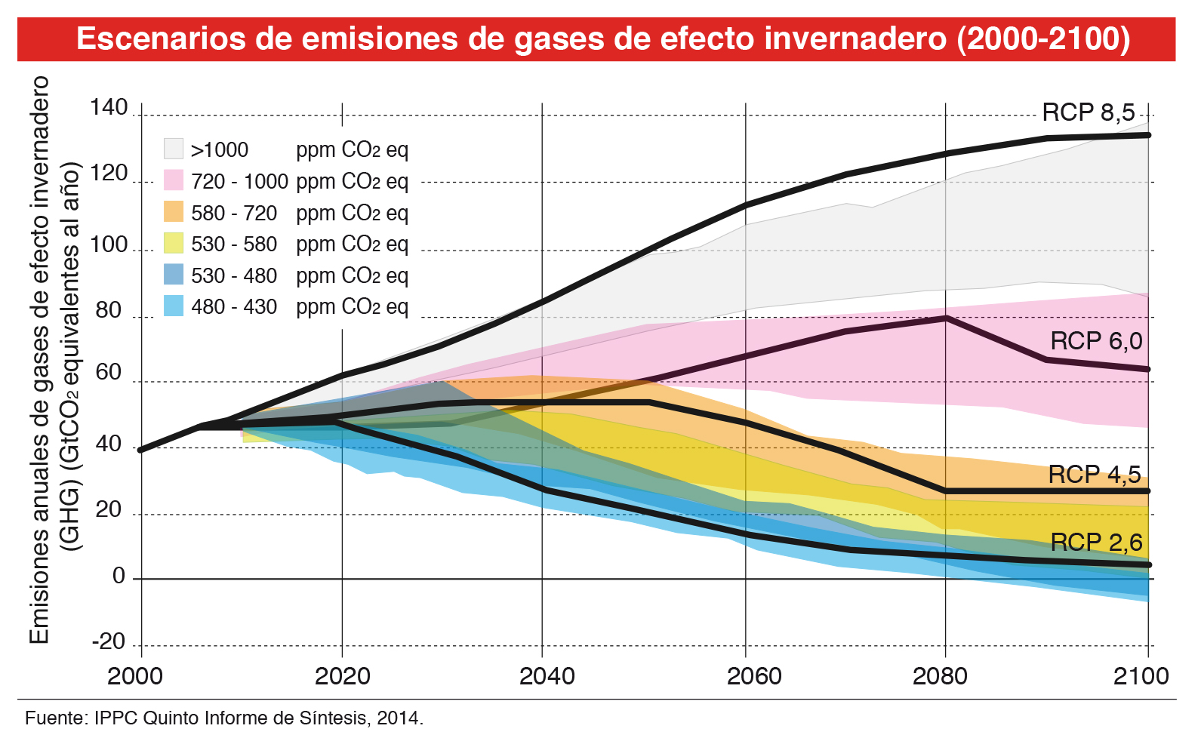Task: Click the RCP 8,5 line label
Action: (1088, 113)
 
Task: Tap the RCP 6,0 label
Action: (1096, 341)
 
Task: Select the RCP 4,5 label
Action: (1095, 475)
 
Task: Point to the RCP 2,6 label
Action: (1096, 542)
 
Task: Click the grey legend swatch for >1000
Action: (174, 149)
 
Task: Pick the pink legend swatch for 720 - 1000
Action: (174, 180)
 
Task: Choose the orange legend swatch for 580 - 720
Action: (174, 212)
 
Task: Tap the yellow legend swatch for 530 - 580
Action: (174, 243)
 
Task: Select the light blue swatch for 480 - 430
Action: (174, 306)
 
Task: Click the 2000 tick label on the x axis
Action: (135, 675)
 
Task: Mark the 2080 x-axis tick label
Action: (940, 675)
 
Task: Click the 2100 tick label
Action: (1141, 675)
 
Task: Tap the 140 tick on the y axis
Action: (109, 108)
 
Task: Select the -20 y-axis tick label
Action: (109, 641)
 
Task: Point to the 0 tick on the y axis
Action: (119, 577)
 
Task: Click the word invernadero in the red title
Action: (855, 38)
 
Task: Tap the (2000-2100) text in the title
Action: (1043, 38)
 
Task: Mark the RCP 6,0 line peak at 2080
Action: (946, 318)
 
